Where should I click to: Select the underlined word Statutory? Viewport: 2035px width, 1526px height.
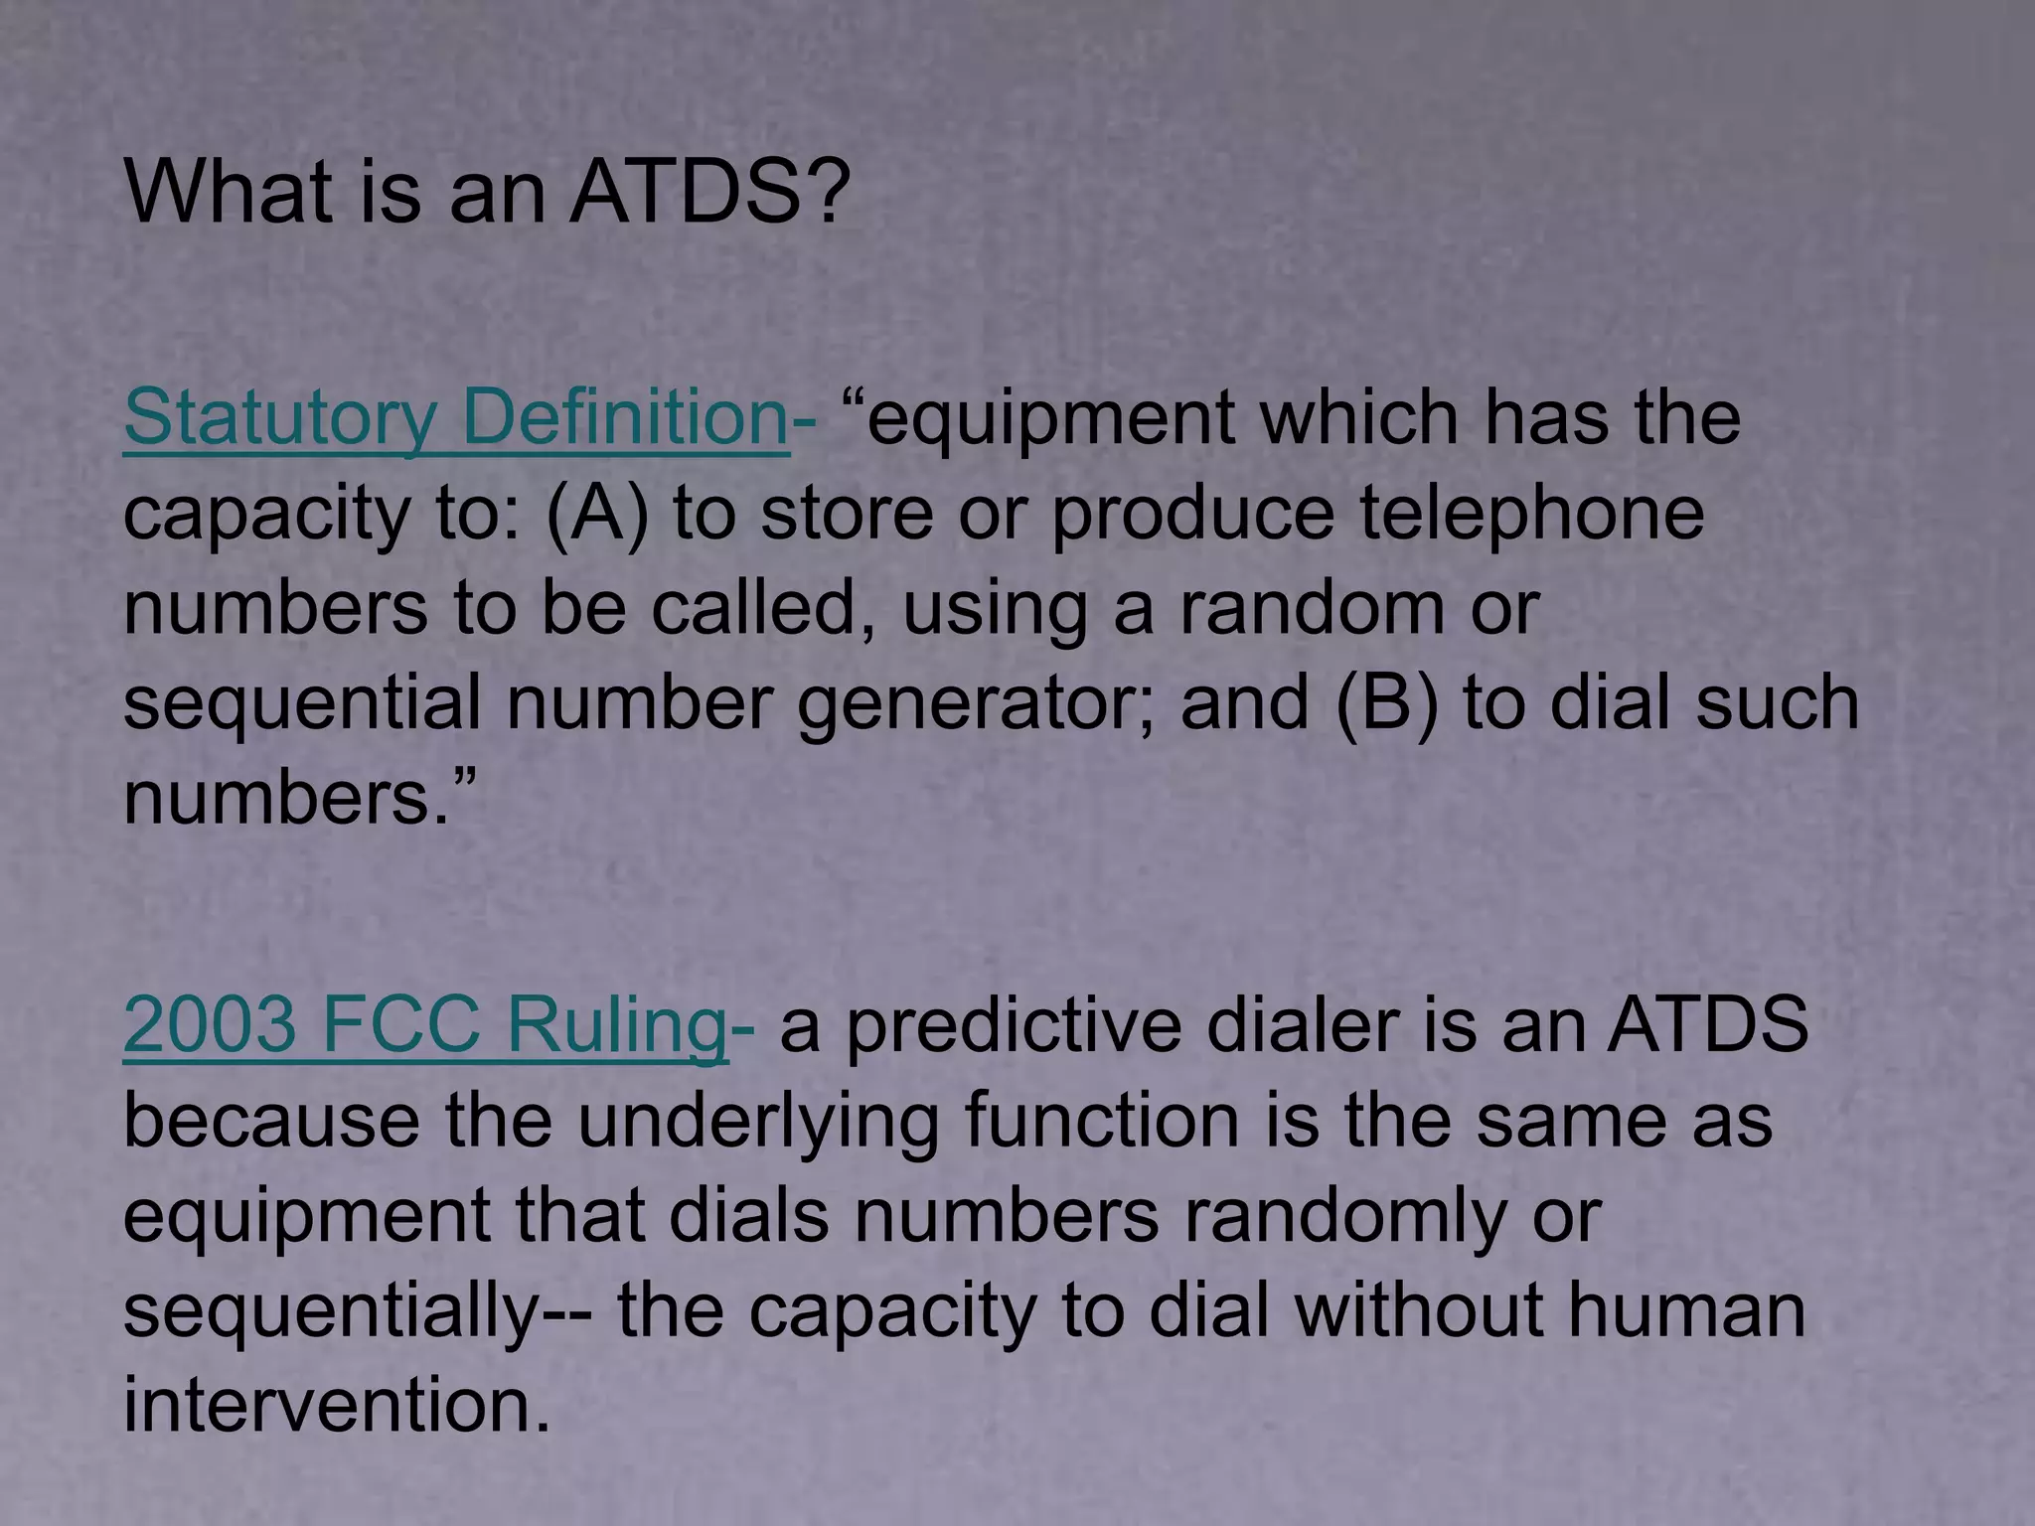pos(279,418)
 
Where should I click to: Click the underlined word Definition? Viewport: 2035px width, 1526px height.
pos(625,418)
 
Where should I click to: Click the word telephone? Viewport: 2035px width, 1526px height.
pos(1531,513)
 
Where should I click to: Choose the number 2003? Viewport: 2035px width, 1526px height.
pos(209,1024)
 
